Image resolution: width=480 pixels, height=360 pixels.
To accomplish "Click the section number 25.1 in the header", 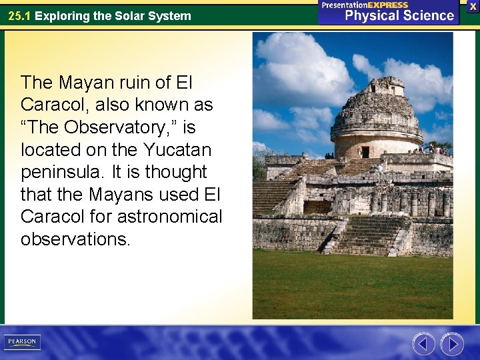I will coord(19,15).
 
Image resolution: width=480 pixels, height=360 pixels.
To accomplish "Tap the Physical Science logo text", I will coord(398,15).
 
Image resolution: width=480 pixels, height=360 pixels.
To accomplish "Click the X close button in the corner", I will coord(472,6).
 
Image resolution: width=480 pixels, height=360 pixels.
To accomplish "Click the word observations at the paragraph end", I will coord(73,239).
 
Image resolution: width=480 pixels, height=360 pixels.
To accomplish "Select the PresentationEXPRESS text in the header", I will coord(364,5).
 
